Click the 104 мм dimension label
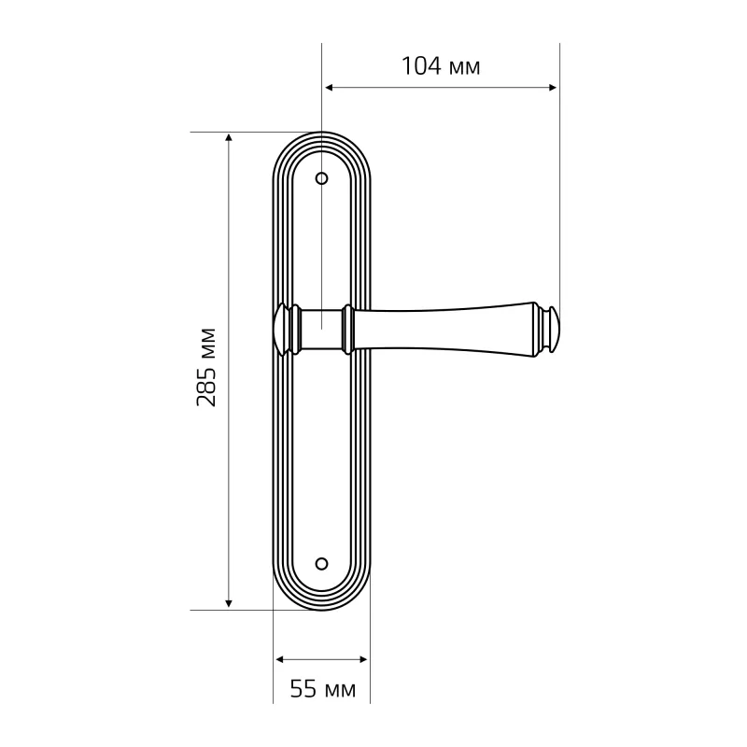(441, 66)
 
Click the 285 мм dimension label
(206, 367)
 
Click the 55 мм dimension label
(323, 689)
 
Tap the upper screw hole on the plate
(322, 178)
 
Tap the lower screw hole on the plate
(322, 564)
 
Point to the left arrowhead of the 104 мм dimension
(329, 87)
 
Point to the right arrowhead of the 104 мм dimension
(553, 87)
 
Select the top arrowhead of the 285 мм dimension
(229, 138)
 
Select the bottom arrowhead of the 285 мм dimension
(229, 603)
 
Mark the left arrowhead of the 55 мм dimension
(280, 659)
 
